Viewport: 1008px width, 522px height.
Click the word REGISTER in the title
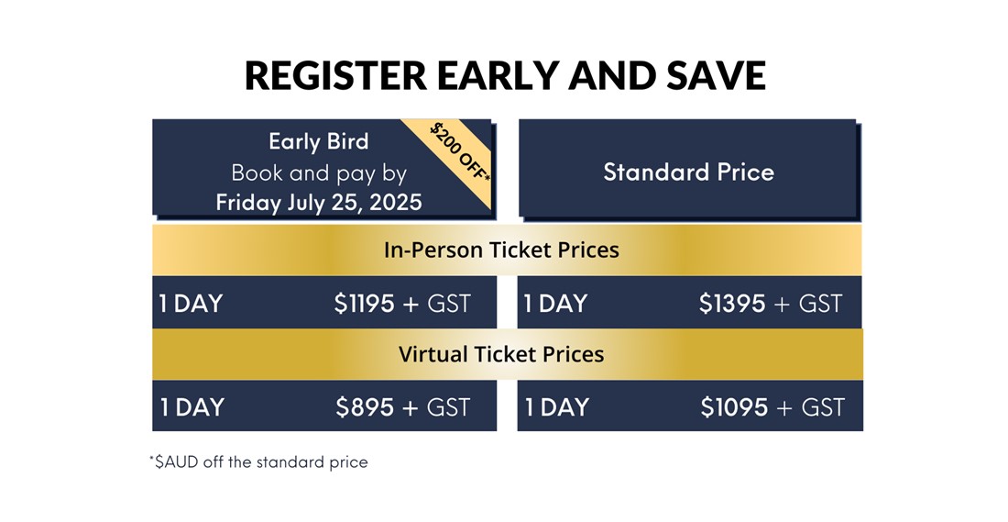pos(335,75)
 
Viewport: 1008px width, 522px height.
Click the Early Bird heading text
pos(319,141)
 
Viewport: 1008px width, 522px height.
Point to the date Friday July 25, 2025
pos(319,202)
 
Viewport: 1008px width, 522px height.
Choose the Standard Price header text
pos(688,172)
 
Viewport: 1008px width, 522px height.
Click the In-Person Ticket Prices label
pos(501,250)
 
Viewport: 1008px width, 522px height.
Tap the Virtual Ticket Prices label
pos(501,354)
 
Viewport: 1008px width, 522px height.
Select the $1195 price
pos(365,303)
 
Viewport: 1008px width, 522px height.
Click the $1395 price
pos(732,303)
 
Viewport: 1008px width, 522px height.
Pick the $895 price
pos(365,406)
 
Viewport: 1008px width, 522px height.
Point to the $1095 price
pos(734,406)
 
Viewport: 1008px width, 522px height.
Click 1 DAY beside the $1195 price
pos(191,303)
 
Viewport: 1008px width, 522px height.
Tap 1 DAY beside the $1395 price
pos(555,303)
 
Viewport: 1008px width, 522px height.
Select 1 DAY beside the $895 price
pos(192,406)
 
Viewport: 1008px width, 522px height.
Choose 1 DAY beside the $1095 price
pos(557,406)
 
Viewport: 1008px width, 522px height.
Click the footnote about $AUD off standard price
pos(258,462)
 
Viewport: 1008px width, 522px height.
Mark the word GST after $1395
pos(820,303)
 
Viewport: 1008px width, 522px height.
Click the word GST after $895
pos(449,406)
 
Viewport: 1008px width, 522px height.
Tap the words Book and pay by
pos(319,173)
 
